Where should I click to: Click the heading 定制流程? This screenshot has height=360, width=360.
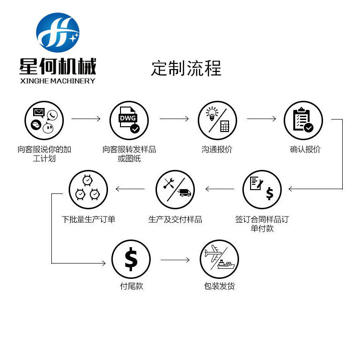click(186, 68)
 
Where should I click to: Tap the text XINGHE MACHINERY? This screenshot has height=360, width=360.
click(58, 81)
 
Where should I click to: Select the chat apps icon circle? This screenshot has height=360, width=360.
click(44, 120)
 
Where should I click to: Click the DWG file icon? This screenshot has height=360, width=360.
click(129, 120)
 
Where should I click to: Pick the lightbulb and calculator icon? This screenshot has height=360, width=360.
click(217, 120)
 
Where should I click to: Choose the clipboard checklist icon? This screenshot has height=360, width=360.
click(303, 120)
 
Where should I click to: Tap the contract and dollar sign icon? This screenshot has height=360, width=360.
click(262, 189)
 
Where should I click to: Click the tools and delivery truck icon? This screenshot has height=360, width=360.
click(175, 189)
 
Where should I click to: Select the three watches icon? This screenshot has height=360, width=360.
click(88, 189)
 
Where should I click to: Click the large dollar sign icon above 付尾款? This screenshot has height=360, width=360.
click(131, 259)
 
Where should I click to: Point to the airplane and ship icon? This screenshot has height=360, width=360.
click(219, 259)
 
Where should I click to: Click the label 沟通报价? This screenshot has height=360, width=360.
click(217, 149)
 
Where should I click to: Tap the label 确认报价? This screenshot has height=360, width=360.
click(305, 149)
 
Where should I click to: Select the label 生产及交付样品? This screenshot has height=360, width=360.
click(175, 219)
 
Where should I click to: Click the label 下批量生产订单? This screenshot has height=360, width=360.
click(88, 219)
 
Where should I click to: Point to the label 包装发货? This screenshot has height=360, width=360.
click(219, 287)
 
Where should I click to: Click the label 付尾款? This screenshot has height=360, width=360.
click(132, 287)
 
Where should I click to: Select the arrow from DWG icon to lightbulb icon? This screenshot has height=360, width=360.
click(174, 119)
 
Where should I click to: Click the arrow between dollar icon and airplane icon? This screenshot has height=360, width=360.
click(175, 260)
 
